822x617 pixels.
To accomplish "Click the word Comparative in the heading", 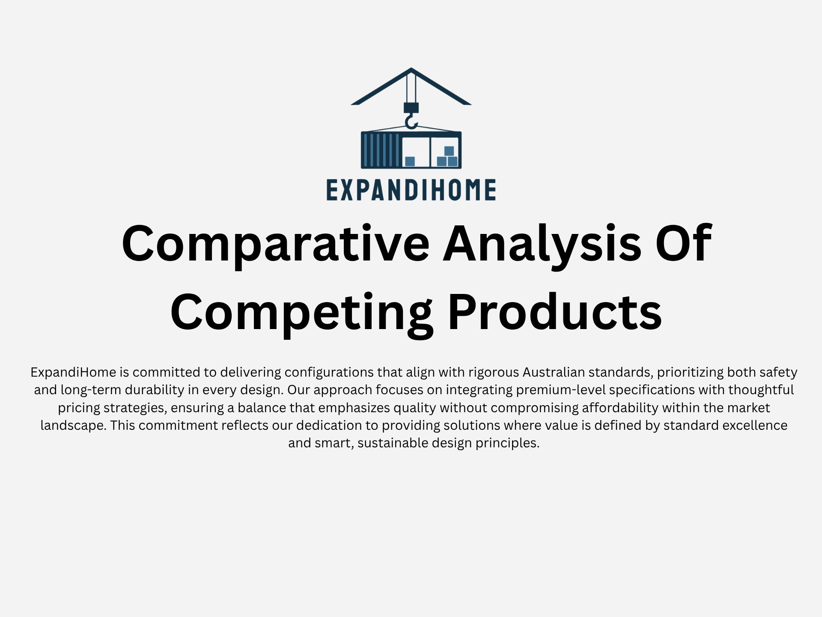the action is (275, 243).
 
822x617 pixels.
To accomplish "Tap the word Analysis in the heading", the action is (542, 243).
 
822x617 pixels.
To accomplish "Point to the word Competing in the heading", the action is (301, 312).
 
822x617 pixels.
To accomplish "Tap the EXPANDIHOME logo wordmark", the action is (411, 190).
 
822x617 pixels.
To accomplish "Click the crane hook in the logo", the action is (411, 121).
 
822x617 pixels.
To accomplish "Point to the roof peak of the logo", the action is (411, 69).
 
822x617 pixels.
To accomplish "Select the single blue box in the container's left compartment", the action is (410, 161).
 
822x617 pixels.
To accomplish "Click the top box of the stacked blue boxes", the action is (449, 151).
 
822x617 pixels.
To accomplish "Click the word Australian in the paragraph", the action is (554, 372).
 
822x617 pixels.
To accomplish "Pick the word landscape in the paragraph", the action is (72, 425).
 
